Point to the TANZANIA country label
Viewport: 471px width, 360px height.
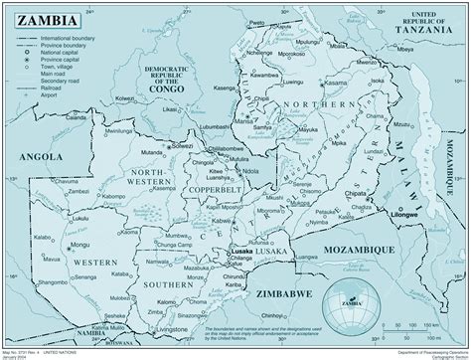coord(424,29)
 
